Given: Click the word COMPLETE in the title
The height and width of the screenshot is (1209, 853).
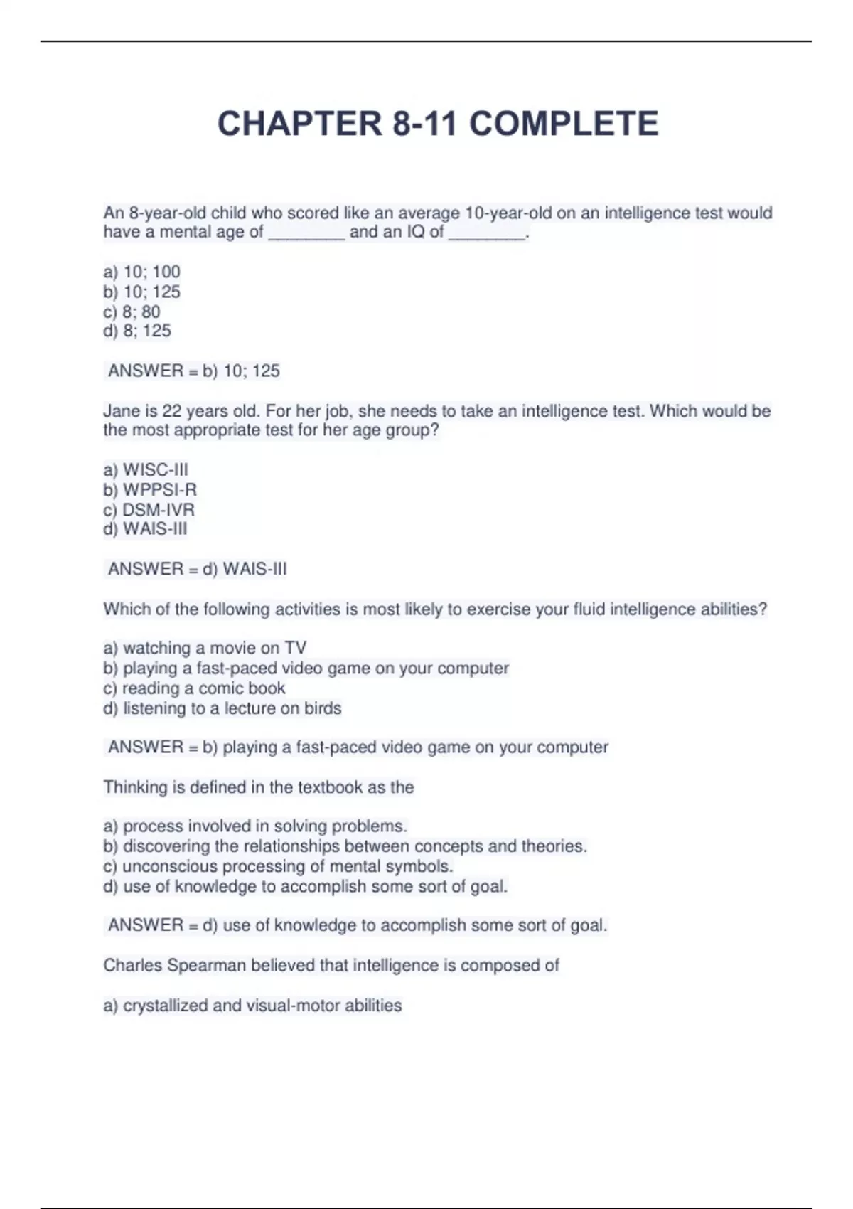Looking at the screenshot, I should [x=563, y=124].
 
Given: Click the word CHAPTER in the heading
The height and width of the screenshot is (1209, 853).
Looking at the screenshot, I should [x=299, y=124].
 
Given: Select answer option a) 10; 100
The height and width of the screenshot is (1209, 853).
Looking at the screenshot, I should [x=142, y=272].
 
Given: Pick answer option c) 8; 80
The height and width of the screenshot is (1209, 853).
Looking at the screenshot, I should [x=132, y=311].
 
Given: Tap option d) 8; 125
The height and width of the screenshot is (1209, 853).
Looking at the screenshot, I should [x=137, y=331].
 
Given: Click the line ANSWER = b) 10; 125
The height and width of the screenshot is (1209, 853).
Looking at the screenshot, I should [x=193, y=371].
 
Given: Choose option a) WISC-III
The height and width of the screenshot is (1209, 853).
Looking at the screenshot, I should [x=146, y=470].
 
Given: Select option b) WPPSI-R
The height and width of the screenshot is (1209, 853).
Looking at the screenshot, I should [x=150, y=490].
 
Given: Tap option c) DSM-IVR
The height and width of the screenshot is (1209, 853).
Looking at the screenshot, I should [x=149, y=510].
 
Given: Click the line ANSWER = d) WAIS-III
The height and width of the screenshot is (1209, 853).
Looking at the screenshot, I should [x=197, y=569].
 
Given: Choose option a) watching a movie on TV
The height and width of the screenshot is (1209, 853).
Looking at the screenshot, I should [x=205, y=648].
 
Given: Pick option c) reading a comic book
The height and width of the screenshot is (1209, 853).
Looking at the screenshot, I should [x=194, y=688].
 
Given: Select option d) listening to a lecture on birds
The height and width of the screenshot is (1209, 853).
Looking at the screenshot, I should [x=222, y=708].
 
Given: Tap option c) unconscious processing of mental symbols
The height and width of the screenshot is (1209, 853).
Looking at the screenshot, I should [x=278, y=866].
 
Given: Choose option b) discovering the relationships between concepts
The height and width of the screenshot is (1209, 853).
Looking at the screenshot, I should [x=345, y=846].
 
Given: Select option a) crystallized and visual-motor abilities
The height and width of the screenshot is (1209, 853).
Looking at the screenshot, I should [x=252, y=1006].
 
